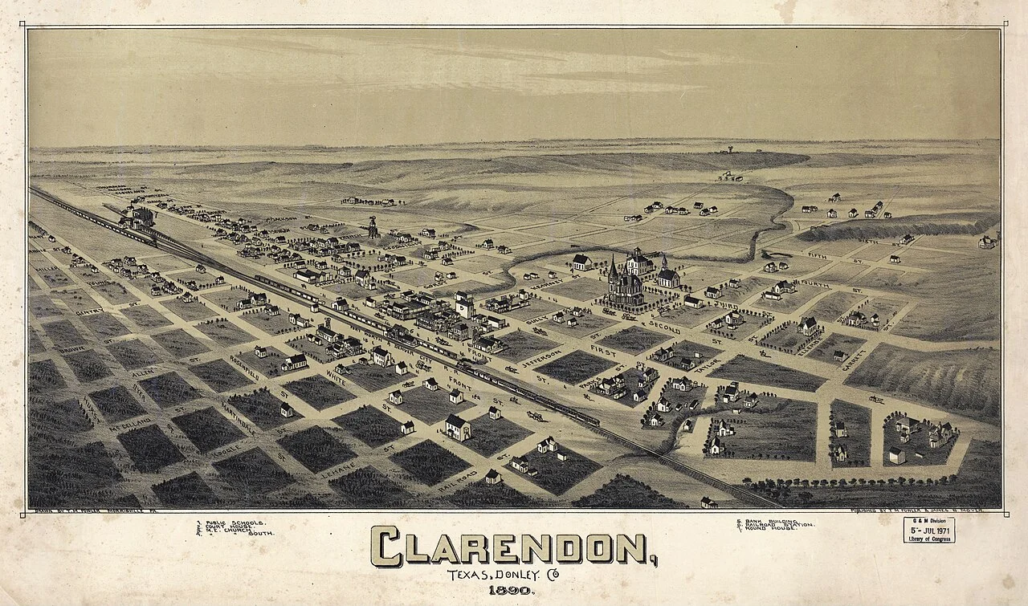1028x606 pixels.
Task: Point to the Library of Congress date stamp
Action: (928, 531)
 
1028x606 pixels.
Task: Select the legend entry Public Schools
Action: (230, 522)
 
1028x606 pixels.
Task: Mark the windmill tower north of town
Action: (372, 227)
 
